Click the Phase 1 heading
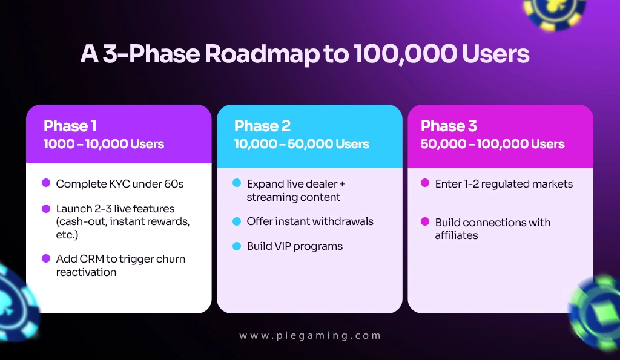click(x=70, y=126)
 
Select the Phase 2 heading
click(x=262, y=126)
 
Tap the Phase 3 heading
click(x=449, y=126)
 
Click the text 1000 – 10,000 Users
click(x=104, y=144)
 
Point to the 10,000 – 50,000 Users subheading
click(x=302, y=144)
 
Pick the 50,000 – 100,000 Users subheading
click(x=492, y=144)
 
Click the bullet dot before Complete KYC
click(x=46, y=183)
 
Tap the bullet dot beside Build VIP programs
click(x=237, y=246)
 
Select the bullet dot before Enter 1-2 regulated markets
click(x=425, y=183)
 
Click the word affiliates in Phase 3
click(x=457, y=235)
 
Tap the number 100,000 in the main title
click(x=405, y=54)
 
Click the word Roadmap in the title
click(x=262, y=54)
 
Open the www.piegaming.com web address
click(x=310, y=336)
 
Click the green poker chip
click(x=596, y=312)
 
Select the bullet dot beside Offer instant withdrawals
click(x=237, y=221)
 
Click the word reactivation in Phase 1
click(x=86, y=272)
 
